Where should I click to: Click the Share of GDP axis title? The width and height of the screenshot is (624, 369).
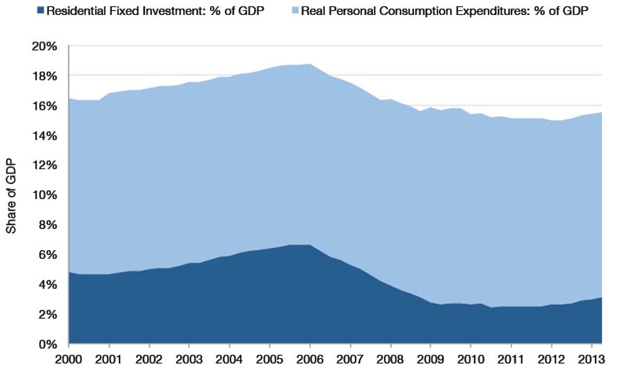[x=11, y=195]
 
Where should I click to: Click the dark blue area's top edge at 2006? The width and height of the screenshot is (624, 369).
[x=310, y=245]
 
